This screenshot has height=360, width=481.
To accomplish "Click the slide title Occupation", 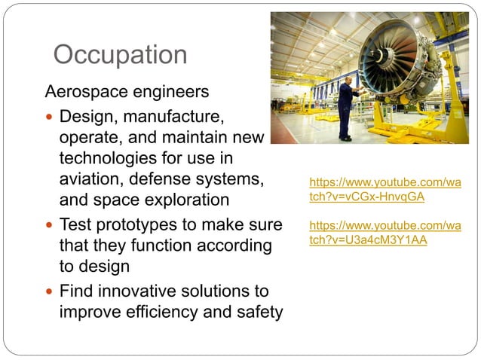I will (121, 55).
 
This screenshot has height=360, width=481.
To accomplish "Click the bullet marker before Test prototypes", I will (50, 225).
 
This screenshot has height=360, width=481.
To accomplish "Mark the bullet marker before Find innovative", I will (50, 291).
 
